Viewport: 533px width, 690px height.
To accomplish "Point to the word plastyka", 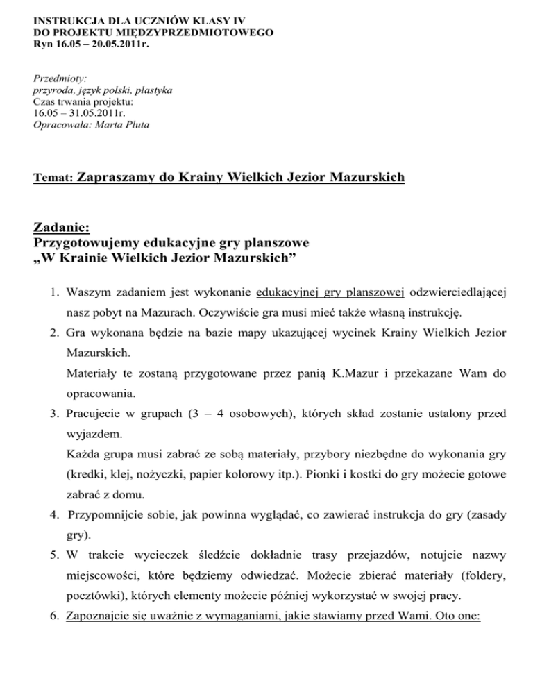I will pos(153,90).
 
